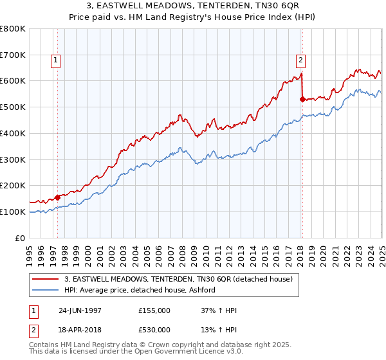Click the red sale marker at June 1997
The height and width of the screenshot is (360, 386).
(57, 197)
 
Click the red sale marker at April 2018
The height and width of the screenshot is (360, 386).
(302, 99)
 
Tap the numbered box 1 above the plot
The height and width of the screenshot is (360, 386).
(56, 61)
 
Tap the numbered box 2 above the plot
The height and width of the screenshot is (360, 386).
(300, 61)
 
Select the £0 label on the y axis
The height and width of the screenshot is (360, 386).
(21, 238)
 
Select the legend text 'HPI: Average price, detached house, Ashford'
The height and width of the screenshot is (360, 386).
(140, 290)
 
